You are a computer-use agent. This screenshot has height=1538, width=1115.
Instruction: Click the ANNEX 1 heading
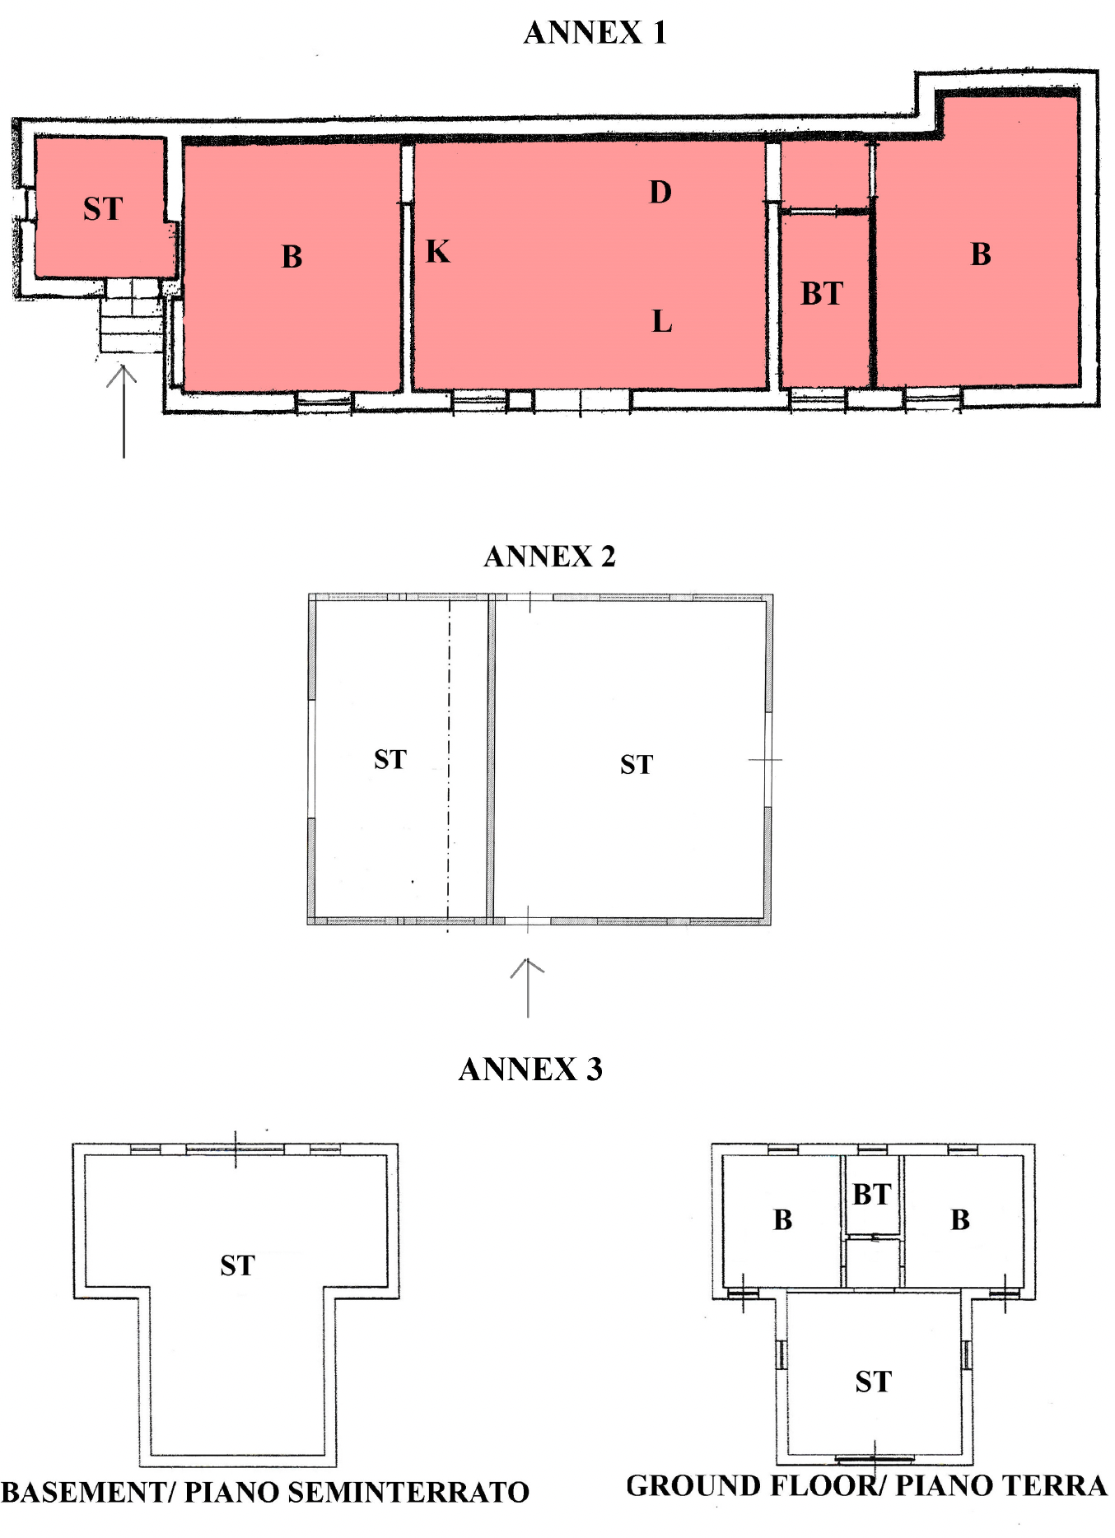595,33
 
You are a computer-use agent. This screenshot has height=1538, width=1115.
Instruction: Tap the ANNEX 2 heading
549,557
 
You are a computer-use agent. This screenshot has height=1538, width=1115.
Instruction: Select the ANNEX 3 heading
530,1070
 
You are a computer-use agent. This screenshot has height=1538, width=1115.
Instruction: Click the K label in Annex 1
438,251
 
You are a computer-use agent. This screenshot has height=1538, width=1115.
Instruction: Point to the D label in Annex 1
660,192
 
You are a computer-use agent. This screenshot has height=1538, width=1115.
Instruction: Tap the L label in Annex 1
662,321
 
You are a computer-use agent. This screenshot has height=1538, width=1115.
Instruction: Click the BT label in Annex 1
822,293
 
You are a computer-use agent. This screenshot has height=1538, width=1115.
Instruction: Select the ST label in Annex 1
103,208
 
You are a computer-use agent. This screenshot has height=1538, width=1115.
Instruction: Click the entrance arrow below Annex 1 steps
123,411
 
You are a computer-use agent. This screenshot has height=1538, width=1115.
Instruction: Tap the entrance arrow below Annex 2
527,988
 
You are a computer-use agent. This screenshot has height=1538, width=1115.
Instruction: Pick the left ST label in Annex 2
390,759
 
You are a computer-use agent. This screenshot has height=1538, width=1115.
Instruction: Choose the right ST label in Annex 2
637,765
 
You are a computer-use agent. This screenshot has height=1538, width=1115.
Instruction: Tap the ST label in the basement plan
237,1265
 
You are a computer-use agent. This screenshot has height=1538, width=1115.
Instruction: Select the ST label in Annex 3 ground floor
873,1382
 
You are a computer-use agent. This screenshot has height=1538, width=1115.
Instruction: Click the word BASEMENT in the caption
83,1492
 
